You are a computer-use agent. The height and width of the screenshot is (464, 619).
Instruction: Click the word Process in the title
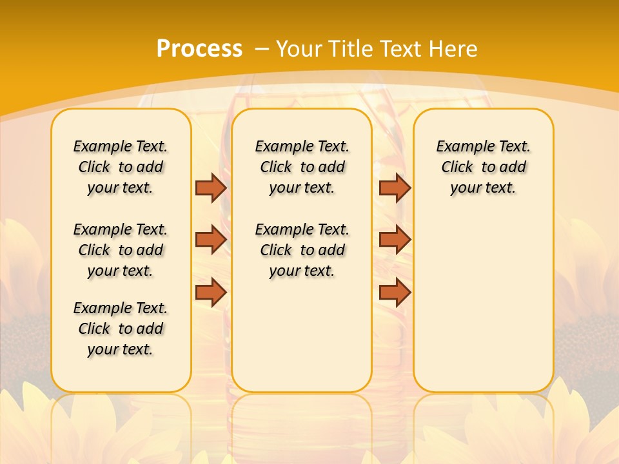tap(199, 48)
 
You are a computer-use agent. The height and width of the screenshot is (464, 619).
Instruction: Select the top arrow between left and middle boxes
tap(211, 188)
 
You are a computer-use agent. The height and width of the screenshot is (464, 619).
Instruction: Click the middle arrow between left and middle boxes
tap(211, 239)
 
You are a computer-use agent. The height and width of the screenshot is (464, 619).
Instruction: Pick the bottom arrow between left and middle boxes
tap(211, 292)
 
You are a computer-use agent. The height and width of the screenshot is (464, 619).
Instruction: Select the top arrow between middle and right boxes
tap(395, 188)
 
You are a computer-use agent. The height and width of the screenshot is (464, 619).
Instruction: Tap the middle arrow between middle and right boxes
tap(395, 239)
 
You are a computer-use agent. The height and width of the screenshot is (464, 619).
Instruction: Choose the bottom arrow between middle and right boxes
tap(395, 292)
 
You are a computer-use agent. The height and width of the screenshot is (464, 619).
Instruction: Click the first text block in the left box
tap(121, 167)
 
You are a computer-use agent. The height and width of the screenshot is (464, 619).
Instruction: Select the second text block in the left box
tap(121, 250)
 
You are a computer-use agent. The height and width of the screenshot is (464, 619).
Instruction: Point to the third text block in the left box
tap(121, 329)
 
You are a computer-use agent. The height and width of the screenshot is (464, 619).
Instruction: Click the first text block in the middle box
tap(302, 167)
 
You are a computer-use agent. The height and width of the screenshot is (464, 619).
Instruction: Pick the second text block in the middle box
tap(302, 250)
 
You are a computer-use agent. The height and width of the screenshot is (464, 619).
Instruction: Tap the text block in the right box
tap(483, 167)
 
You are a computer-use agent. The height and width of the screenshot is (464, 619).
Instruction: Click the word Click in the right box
tap(457, 168)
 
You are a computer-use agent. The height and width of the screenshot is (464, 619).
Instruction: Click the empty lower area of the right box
tap(483, 303)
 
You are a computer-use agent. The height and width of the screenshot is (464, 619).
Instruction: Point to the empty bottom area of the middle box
tap(302, 342)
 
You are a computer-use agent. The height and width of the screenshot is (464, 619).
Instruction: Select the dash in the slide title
tap(262, 49)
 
